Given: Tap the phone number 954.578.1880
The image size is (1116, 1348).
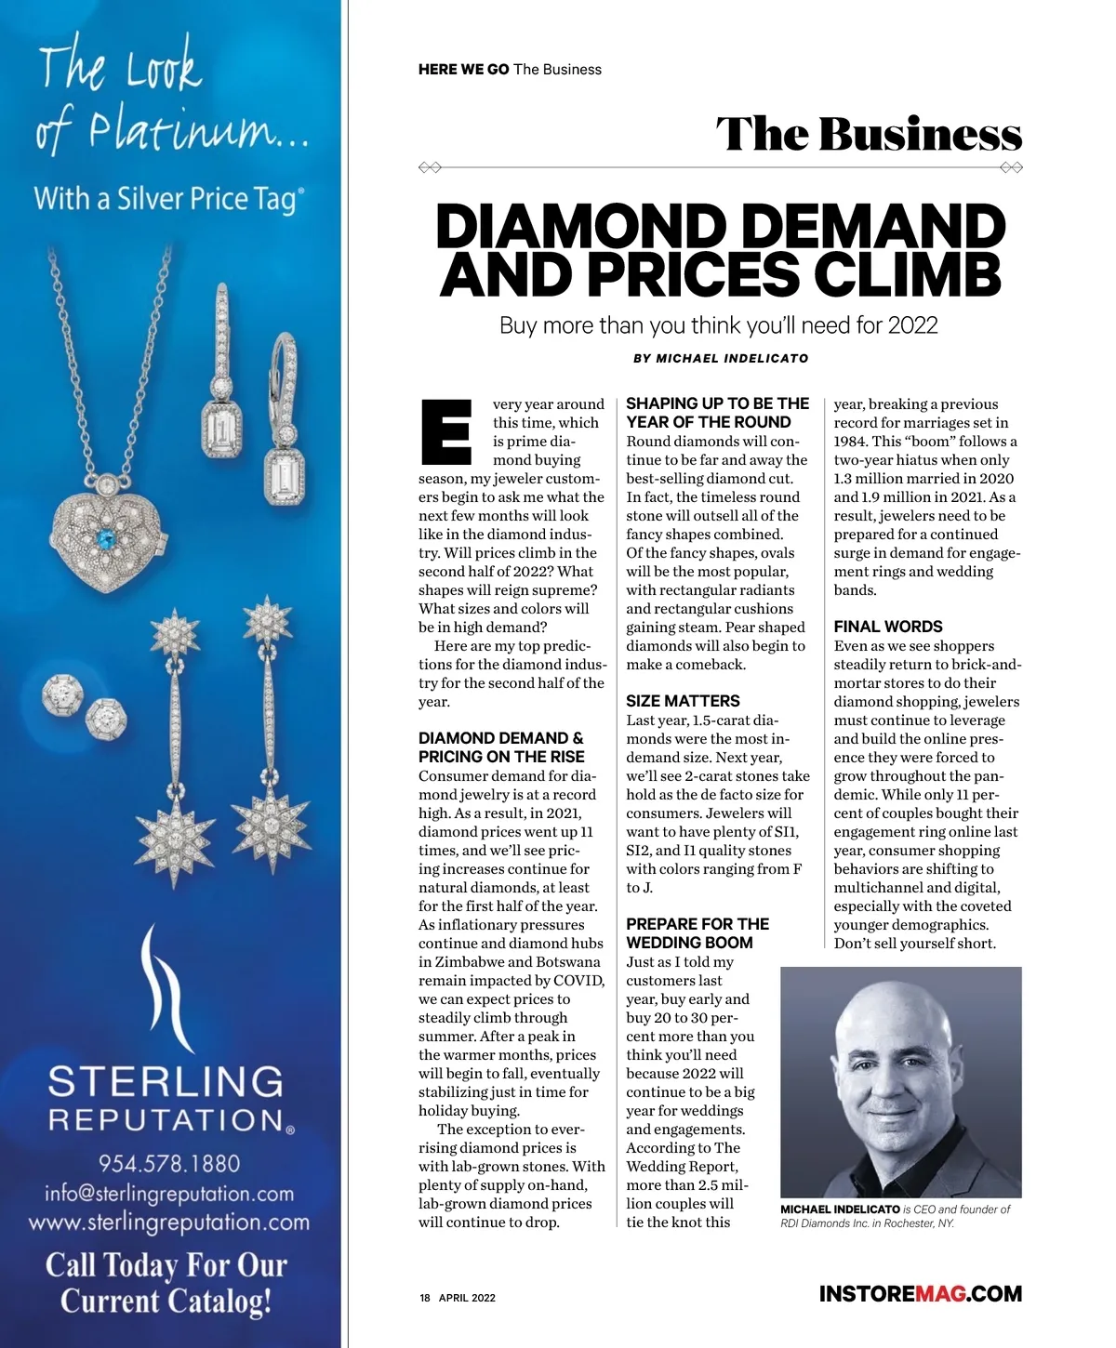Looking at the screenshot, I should point(169,1163).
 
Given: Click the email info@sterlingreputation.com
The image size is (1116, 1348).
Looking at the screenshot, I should point(169,1194).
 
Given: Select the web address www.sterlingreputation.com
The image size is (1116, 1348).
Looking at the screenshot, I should point(169,1222).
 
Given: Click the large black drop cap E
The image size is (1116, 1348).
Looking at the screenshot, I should point(446,432).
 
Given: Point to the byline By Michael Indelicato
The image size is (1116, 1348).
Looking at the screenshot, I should point(721,358).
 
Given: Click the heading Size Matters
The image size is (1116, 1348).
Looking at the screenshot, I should point(683,701).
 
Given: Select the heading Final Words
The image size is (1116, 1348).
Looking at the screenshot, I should point(888,627).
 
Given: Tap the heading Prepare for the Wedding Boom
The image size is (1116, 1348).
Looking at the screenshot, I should point(697,933).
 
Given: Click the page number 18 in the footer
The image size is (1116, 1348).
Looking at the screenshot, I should point(425,1298).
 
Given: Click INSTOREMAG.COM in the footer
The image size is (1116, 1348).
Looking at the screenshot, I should point(920,1293).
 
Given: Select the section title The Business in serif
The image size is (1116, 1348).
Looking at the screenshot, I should point(869,134).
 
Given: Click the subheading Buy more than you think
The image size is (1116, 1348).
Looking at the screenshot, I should point(718,325).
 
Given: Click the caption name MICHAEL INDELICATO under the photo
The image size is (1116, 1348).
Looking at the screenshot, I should point(840,1209).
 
